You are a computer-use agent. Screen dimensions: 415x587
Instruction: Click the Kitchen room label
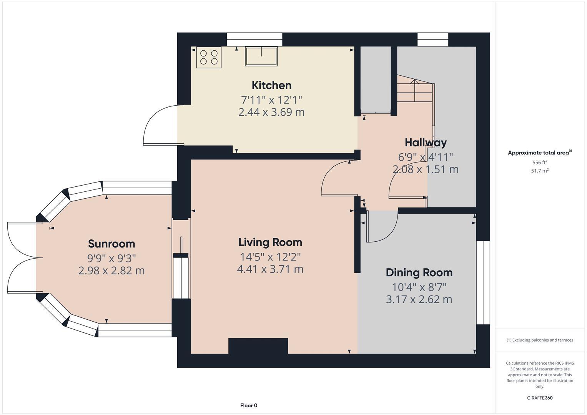pos(271,85)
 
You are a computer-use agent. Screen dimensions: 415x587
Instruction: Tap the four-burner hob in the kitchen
pos(209,57)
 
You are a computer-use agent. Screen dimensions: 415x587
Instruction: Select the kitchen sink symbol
pos(261,56)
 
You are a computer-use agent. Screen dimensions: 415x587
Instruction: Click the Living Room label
pos(270,242)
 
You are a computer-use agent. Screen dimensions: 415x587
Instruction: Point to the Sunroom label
pos(111,244)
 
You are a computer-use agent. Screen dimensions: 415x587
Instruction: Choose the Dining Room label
pos(419,272)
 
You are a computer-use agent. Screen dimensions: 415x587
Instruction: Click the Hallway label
pos(426,142)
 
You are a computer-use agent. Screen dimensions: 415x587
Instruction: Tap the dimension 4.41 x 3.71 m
pos(270,269)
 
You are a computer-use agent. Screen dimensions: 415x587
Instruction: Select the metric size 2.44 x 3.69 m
pos(271,112)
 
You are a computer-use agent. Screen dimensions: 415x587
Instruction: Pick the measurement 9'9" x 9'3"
pos(111,257)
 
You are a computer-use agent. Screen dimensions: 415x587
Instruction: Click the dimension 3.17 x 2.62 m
pos(419,299)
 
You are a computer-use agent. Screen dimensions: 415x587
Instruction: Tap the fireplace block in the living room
pos(258,346)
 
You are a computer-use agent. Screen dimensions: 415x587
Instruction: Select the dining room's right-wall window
pos(483,283)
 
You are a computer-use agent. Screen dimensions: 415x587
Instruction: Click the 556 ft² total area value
pos(540,163)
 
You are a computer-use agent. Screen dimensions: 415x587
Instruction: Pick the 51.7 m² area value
pos(540,171)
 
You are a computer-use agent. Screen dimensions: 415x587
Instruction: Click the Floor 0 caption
pos(249,405)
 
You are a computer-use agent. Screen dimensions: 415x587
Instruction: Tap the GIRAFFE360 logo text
pos(540,398)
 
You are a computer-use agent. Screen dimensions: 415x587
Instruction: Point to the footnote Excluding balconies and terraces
pos(540,340)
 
